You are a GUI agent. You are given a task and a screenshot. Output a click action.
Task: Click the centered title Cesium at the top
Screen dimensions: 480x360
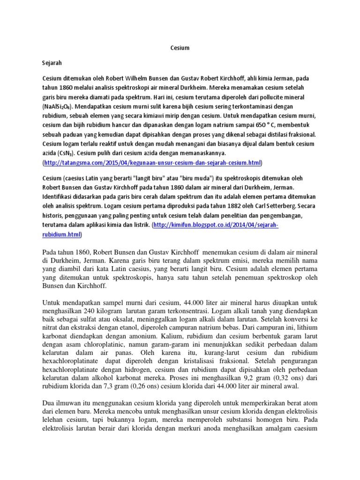pyautogui.click(x=180, y=47)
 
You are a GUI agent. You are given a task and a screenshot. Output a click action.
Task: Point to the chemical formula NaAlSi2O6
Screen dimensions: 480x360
pyautogui.click(x=59, y=106)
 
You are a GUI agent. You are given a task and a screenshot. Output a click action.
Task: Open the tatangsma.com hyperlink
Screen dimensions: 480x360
pyautogui.click(x=152, y=163)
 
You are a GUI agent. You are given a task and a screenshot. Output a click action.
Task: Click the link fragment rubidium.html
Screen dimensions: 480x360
pyautogui.click(x=61, y=234)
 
